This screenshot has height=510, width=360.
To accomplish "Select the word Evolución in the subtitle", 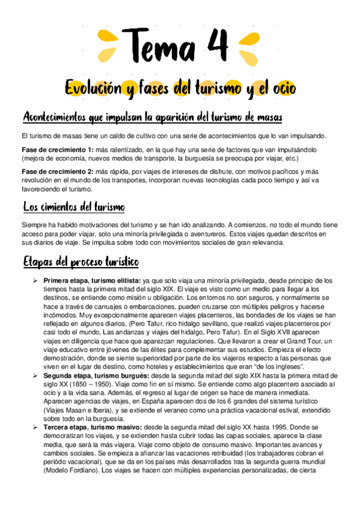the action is pyautogui.click(x=93, y=88).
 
